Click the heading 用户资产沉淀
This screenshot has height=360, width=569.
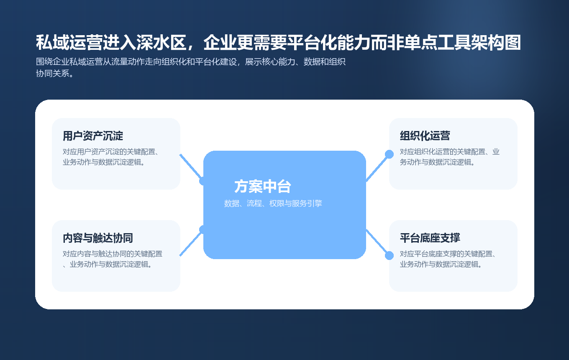pos(93,136)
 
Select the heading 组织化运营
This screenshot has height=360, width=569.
pos(425,136)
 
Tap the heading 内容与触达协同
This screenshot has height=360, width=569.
pos(97,238)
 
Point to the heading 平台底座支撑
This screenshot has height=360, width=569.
pos(430,238)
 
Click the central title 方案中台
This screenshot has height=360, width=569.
pos(262,187)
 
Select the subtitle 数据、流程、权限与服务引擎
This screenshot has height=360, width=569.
pos(273,203)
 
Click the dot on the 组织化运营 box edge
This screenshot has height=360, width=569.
pos(389,154)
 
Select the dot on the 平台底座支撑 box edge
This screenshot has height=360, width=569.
pos(389,255)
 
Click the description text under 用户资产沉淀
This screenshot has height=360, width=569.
pos(113,157)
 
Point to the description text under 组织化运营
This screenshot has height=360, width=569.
pos(449,157)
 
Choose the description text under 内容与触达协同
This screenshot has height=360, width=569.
pos(113,259)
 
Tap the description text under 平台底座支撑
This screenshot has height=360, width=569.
pos(448,259)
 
